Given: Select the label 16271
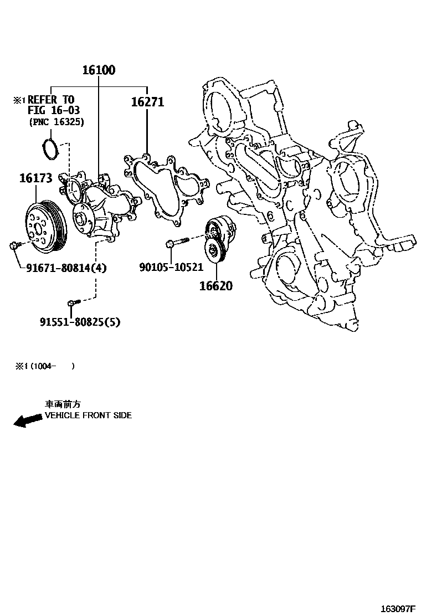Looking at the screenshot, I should (147, 102).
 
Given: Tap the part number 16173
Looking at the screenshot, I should (36, 178).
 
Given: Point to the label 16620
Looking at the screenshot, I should (216, 286).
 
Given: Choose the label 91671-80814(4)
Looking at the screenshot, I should (66, 268).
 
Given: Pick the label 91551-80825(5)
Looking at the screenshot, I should (80, 322).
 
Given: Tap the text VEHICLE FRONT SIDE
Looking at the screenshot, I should (88, 415).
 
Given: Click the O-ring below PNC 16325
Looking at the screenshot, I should (50, 150).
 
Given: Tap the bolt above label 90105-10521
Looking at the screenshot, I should (177, 242).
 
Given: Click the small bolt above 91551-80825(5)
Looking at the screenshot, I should (74, 302).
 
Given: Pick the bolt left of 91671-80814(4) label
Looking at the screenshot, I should (14, 245).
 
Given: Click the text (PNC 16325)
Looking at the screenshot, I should (57, 122).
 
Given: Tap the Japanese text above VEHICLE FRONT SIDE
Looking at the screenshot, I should (63, 404).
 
